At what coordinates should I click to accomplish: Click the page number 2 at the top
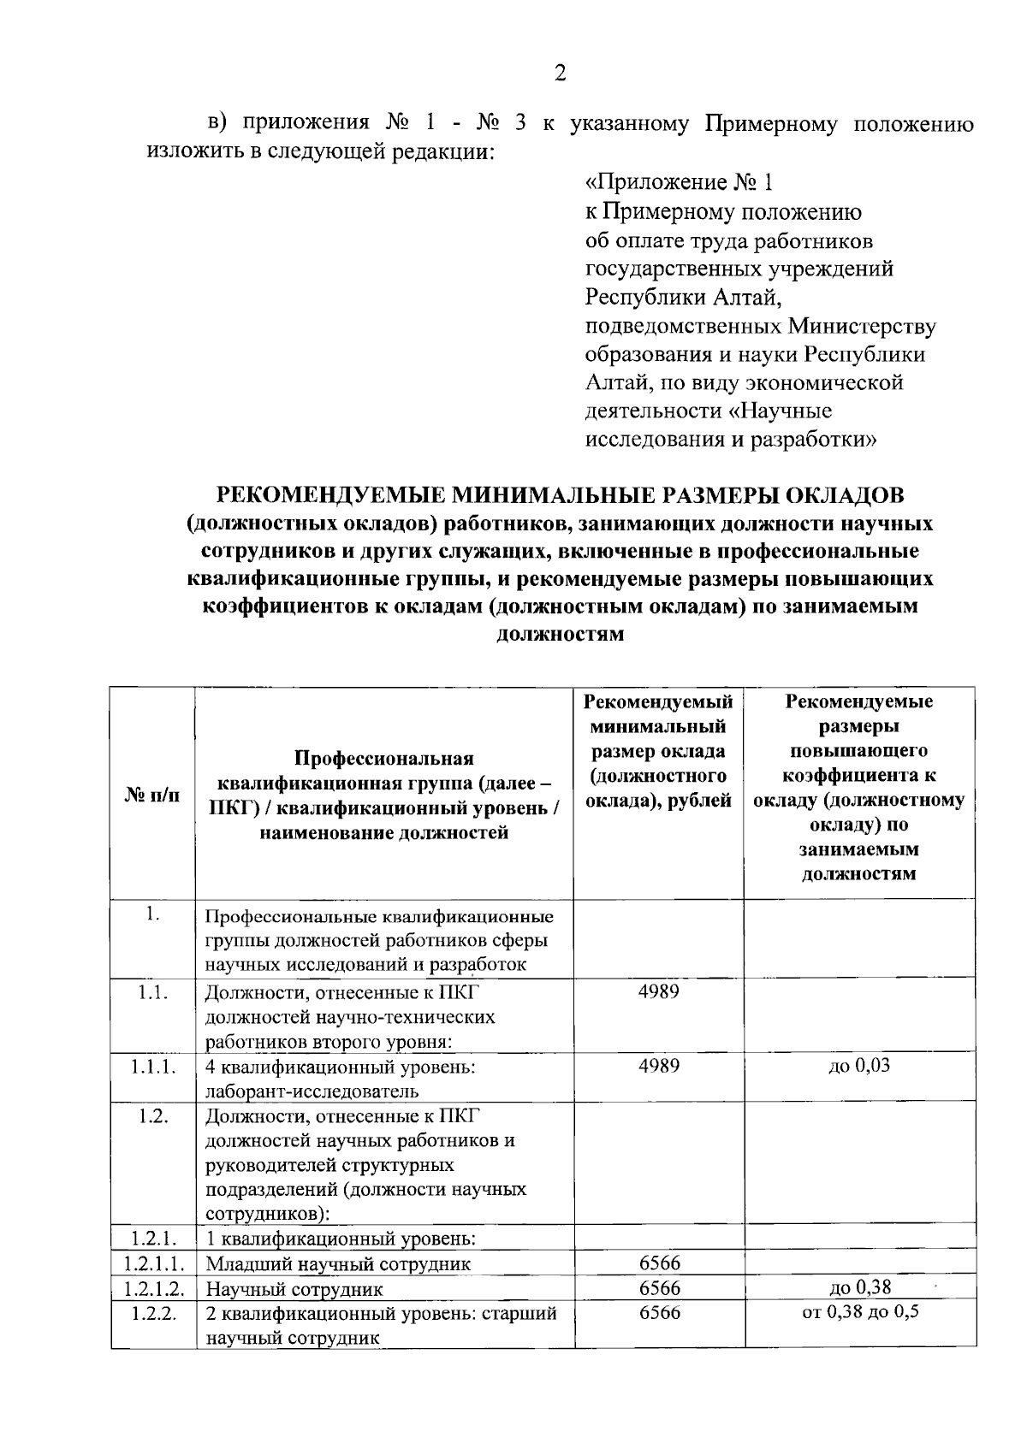coord(560,73)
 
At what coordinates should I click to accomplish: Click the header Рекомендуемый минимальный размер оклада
coord(658,751)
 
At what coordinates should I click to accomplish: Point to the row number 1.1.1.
coord(153,1067)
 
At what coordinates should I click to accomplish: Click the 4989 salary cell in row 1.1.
coord(658,992)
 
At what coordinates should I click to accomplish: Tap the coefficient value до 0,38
coord(860,1287)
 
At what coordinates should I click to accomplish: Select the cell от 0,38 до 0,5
coord(860,1311)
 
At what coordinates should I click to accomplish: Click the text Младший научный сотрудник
coord(337,1264)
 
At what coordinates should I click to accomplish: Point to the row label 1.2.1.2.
coord(153,1288)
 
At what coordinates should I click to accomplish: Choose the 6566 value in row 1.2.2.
coord(659,1312)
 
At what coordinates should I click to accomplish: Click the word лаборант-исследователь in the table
coord(312,1091)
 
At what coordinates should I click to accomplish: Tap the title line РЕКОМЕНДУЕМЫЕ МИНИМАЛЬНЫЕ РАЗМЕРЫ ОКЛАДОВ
coord(560,495)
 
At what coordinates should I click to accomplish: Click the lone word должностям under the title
coord(560,634)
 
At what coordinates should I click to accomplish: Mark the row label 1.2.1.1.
coord(153,1263)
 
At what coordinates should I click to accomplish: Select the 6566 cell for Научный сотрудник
coord(659,1288)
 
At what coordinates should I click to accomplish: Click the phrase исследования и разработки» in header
coord(731,441)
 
